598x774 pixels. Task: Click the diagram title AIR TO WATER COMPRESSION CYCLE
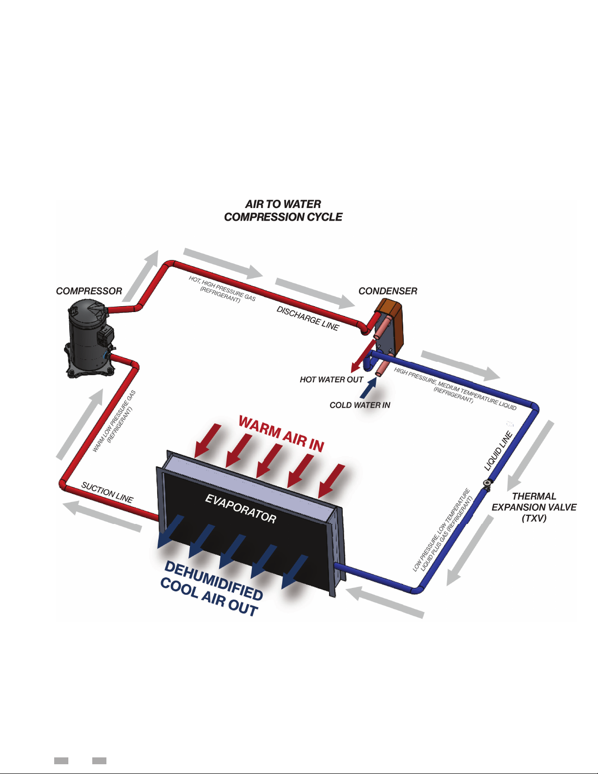(283, 210)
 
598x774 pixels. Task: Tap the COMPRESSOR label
(89, 291)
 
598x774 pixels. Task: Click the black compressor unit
(90, 338)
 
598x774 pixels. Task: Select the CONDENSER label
(388, 291)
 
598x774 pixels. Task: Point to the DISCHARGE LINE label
(308, 318)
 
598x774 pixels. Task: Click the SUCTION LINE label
(107, 493)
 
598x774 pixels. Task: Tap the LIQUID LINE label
(498, 451)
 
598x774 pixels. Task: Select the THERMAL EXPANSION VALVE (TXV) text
(534, 507)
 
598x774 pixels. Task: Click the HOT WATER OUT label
(331, 380)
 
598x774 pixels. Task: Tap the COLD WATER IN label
(360, 405)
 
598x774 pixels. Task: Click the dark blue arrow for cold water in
(369, 388)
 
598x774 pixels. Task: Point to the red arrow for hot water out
(363, 356)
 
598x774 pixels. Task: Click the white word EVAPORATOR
(241, 509)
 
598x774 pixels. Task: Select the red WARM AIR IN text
(281, 434)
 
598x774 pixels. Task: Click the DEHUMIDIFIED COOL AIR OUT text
(211, 589)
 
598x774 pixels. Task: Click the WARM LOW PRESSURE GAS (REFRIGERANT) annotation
(114, 421)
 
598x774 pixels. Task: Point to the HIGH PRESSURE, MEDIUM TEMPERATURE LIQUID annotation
(455, 389)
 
